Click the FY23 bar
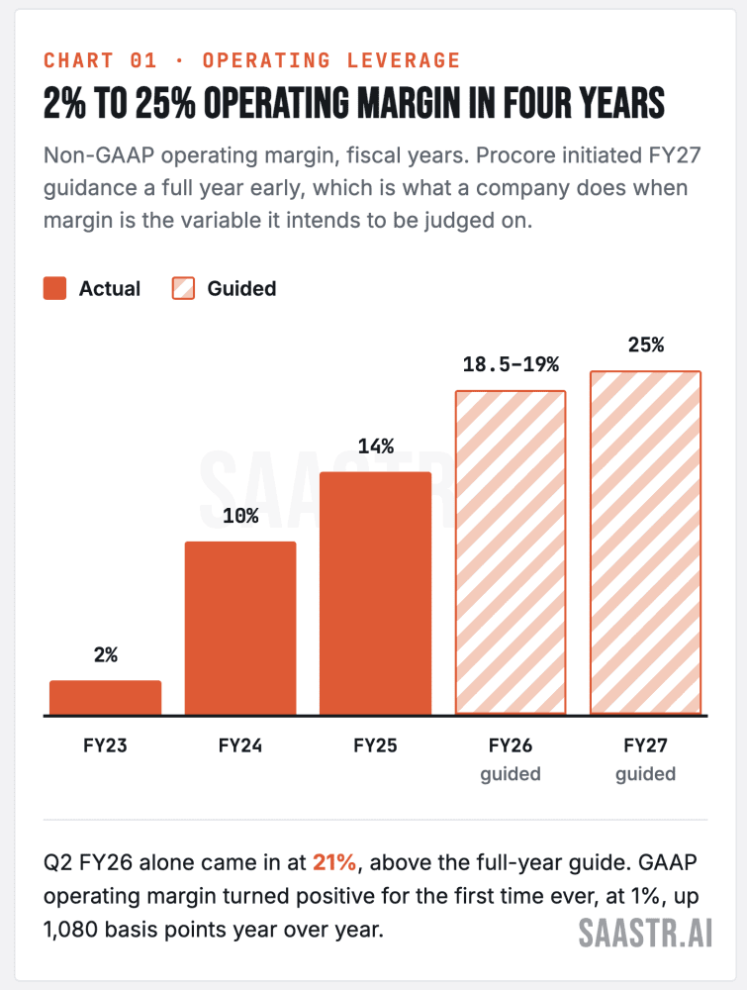click(x=105, y=698)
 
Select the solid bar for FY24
click(x=240, y=629)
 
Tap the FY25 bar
click(x=375, y=593)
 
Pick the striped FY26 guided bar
click(x=511, y=553)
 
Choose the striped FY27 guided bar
click(x=645, y=543)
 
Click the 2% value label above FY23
click(x=106, y=654)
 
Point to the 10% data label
click(x=240, y=516)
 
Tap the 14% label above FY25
click(x=375, y=446)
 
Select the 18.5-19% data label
click(x=511, y=364)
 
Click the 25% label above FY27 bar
click(x=646, y=345)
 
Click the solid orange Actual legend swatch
click(x=54, y=288)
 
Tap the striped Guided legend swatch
click(x=184, y=288)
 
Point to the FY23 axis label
click(x=105, y=745)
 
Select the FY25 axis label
click(x=375, y=745)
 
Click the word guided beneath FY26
click(x=511, y=774)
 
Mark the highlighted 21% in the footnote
click(x=334, y=862)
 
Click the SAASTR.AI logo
click(x=645, y=933)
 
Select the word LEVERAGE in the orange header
click(x=403, y=60)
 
